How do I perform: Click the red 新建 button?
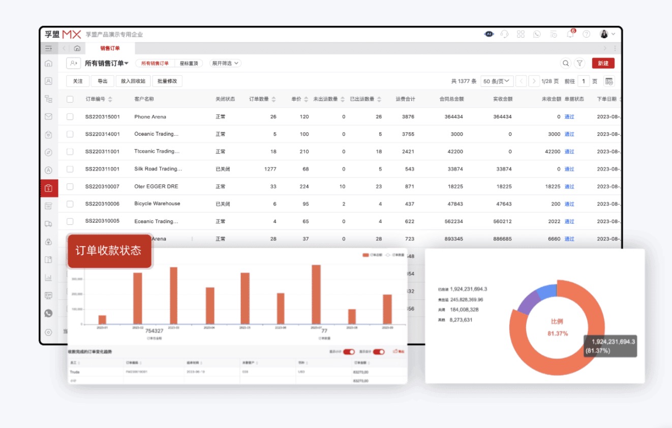(x=603, y=64)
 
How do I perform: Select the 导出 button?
(x=103, y=81)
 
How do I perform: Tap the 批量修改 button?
(x=167, y=81)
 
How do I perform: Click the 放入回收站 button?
(x=133, y=81)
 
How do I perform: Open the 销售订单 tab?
(x=110, y=48)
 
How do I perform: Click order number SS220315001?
(x=103, y=117)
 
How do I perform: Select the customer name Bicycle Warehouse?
(x=157, y=204)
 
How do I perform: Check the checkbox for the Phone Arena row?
(x=70, y=117)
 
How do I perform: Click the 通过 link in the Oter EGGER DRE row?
(x=569, y=187)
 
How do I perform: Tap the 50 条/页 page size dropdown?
(x=496, y=81)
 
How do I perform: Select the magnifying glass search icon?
(x=566, y=64)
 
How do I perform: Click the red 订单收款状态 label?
(x=109, y=251)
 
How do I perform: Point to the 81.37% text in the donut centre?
(x=558, y=333)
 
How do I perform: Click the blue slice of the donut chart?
(x=547, y=292)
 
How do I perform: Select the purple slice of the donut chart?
(x=527, y=302)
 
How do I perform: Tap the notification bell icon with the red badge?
(x=570, y=35)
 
